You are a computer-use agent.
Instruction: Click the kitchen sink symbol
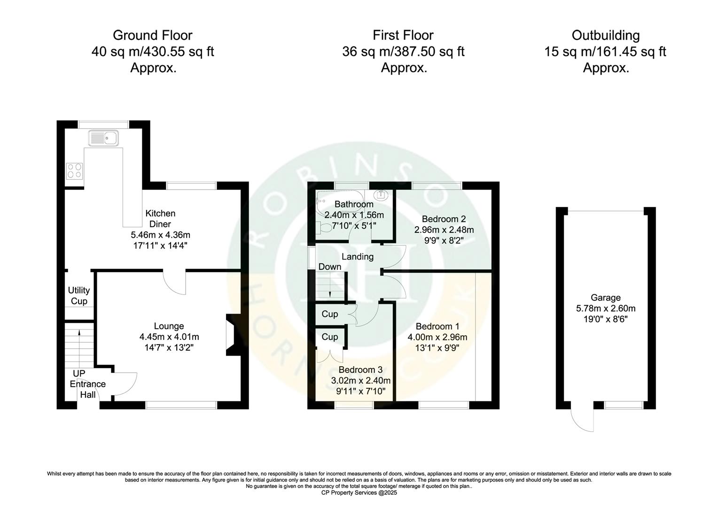coord(104,138)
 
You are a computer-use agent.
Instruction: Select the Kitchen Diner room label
coord(160,219)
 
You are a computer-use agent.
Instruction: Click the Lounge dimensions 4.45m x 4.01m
coord(169,337)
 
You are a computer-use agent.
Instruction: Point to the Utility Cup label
coord(79,296)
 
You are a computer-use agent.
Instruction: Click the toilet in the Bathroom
coord(324,227)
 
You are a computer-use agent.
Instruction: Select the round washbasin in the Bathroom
coord(380,194)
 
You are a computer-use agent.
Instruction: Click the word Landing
coord(358,257)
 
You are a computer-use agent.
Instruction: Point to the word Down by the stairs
coord(330,267)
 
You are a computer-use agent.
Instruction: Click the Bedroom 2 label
coord(444,219)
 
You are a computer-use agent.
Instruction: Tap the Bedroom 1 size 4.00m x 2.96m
coord(437,337)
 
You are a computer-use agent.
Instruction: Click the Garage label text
coord(606,298)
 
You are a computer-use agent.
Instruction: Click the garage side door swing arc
coord(581,420)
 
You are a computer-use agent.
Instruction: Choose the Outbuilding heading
coord(606,35)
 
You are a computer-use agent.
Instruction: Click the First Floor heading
coord(403,35)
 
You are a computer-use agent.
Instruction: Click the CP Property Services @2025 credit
coord(359,492)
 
